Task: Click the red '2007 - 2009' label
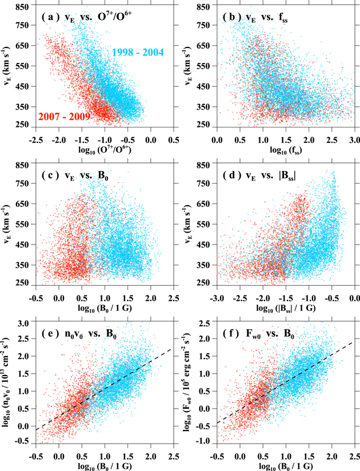click(65, 117)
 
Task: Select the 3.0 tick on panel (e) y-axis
click(24, 324)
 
